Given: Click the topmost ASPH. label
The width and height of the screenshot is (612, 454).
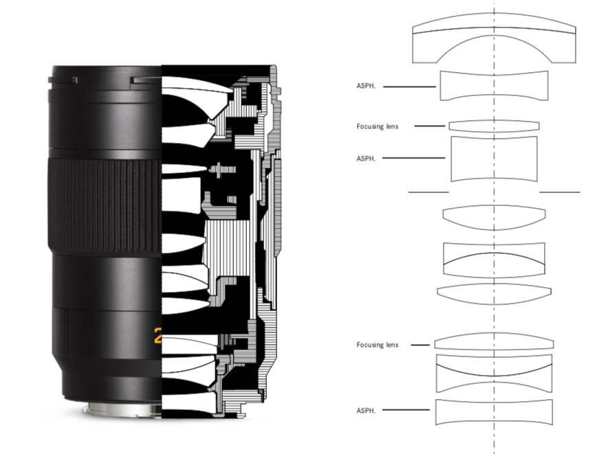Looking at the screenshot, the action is [366, 86].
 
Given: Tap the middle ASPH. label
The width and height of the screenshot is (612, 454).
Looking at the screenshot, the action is [366, 158].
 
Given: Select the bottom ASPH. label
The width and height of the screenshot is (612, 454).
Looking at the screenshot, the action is [366, 410].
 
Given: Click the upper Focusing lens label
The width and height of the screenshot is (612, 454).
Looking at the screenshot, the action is [378, 126].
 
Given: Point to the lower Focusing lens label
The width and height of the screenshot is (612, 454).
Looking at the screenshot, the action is [378, 345].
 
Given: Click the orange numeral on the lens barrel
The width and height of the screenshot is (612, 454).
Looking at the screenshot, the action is [157, 335].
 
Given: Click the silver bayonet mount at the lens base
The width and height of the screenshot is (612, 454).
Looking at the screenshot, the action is [123, 409].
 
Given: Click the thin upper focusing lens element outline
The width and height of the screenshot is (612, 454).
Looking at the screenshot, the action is [494, 126].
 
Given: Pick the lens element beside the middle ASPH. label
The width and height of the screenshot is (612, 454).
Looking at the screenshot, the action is [494, 159].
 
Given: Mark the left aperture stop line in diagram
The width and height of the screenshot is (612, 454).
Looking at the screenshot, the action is [428, 192].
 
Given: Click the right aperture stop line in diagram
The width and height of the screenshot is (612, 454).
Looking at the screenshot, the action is [560, 192].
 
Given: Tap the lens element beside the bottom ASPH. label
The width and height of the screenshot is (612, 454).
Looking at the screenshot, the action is [494, 412].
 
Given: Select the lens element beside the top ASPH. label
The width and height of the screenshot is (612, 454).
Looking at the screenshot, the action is [494, 86].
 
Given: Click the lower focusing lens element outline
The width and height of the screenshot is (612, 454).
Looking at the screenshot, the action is [494, 342].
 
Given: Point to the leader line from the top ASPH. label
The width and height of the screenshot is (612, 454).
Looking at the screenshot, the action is [409, 87].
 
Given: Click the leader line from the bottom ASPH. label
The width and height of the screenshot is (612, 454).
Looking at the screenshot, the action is [406, 410].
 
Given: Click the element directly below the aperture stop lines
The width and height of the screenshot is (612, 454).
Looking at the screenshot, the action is [494, 218].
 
